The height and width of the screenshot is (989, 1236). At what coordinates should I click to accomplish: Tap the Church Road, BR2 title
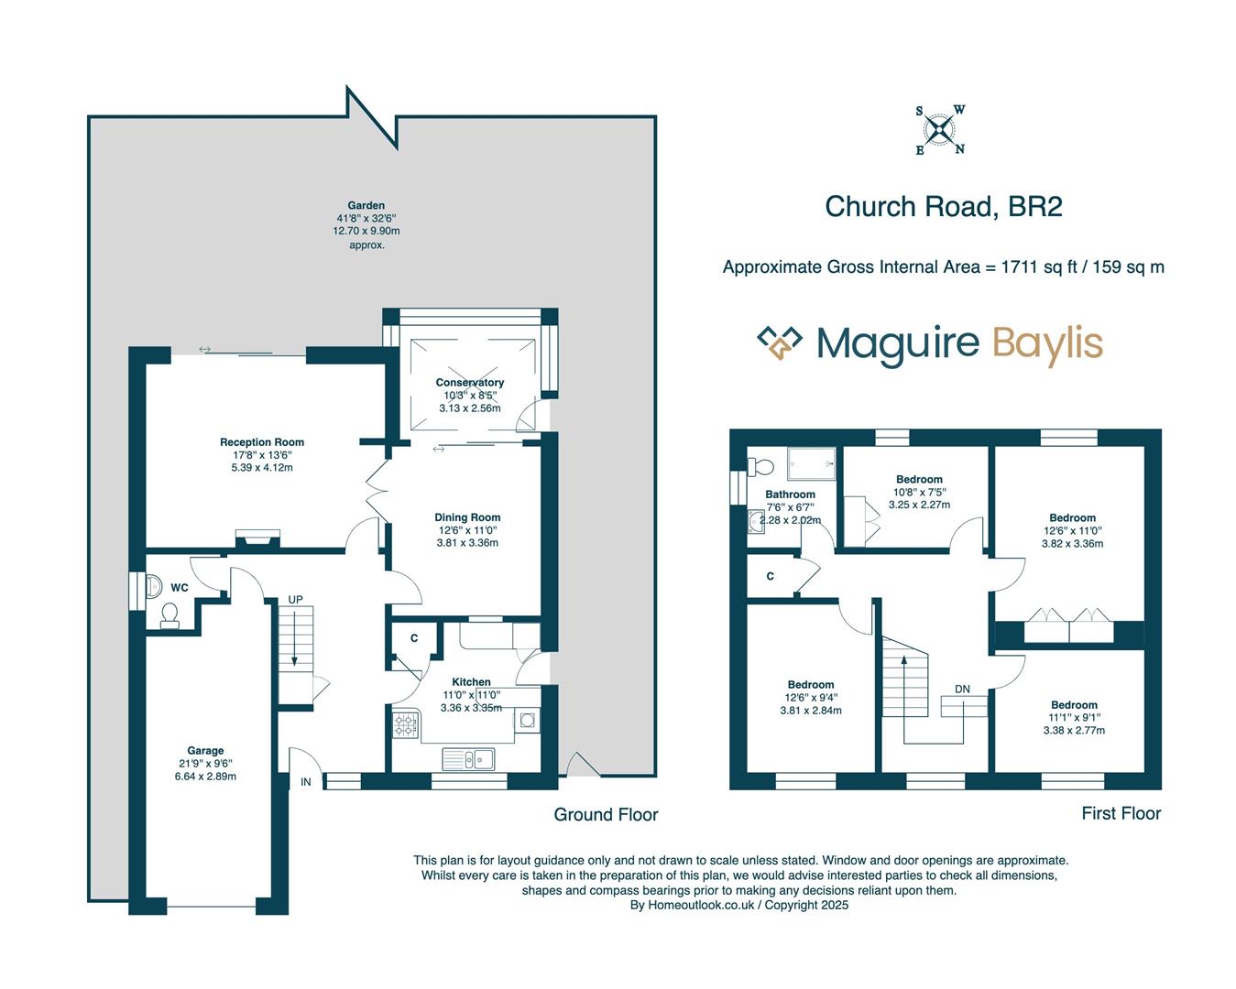[x=943, y=206]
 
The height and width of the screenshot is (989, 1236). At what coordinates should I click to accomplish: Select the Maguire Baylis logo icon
[x=779, y=343]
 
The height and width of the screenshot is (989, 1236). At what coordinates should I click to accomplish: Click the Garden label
[x=366, y=205]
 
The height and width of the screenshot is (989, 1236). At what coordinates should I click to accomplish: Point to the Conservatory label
[x=469, y=382]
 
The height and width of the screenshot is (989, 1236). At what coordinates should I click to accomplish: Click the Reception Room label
[x=262, y=441]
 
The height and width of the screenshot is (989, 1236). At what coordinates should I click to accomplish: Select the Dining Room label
[x=467, y=517]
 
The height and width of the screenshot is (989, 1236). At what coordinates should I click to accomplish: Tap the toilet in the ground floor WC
[x=170, y=614]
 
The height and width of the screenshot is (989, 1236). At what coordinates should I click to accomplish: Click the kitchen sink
[x=468, y=758]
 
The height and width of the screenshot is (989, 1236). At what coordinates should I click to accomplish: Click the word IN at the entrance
[x=306, y=782]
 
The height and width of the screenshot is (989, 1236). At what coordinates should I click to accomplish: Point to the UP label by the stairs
[x=295, y=600]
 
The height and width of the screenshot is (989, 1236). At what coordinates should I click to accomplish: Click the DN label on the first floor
[x=962, y=689]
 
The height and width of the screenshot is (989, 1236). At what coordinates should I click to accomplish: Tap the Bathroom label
[x=790, y=494]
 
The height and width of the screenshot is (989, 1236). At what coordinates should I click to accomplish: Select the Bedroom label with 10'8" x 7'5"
[x=919, y=479]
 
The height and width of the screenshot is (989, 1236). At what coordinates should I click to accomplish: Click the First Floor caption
[x=1121, y=813]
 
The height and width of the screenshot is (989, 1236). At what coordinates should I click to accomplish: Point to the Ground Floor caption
[x=606, y=814]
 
